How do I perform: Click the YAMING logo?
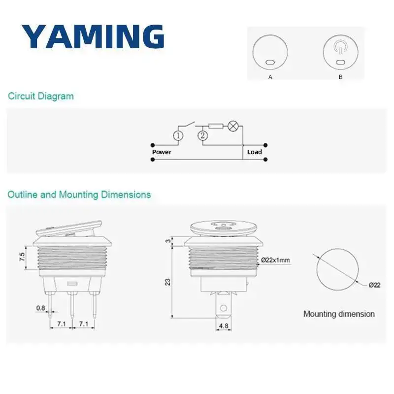(x=93, y=36)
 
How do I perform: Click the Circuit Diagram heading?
(x=41, y=96)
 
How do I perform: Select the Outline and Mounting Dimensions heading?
(x=79, y=195)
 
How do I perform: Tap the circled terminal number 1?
(x=178, y=136)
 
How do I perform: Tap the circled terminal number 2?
(x=202, y=136)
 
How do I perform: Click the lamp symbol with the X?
(x=233, y=126)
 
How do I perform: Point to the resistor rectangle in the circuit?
(x=216, y=126)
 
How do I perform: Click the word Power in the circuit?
(x=162, y=152)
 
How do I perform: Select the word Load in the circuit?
(x=254, y=152)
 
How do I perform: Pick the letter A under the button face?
(x=270, y=77)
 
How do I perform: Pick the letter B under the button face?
(x=340, y=77)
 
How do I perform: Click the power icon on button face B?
(x=340, y=47)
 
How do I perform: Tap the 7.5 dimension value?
(x=22, y=257)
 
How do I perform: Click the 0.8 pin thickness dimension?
(x=41, y=308)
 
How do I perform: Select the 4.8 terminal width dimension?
(x=224, y=326)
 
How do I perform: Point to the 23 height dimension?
(x=167, y=282)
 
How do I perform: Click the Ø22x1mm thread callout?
(x=275, y=260)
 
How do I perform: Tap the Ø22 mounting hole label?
(x=374, y=285)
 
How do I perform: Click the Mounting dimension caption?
(x=339, y=314)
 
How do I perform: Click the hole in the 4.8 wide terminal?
(x=224, y=308)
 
